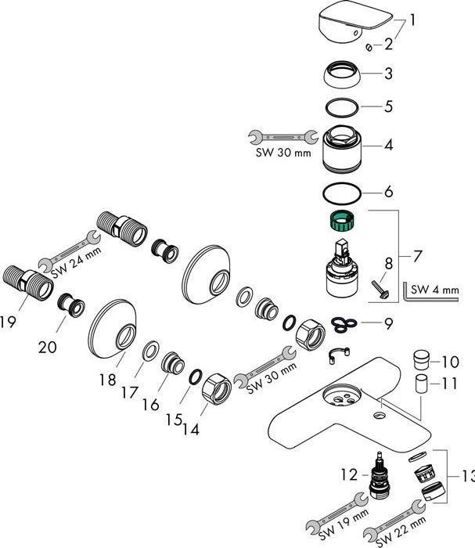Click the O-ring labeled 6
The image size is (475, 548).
342,192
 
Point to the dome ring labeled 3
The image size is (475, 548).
342,76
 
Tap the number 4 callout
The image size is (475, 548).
389,145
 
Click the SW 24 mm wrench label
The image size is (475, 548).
67,265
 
